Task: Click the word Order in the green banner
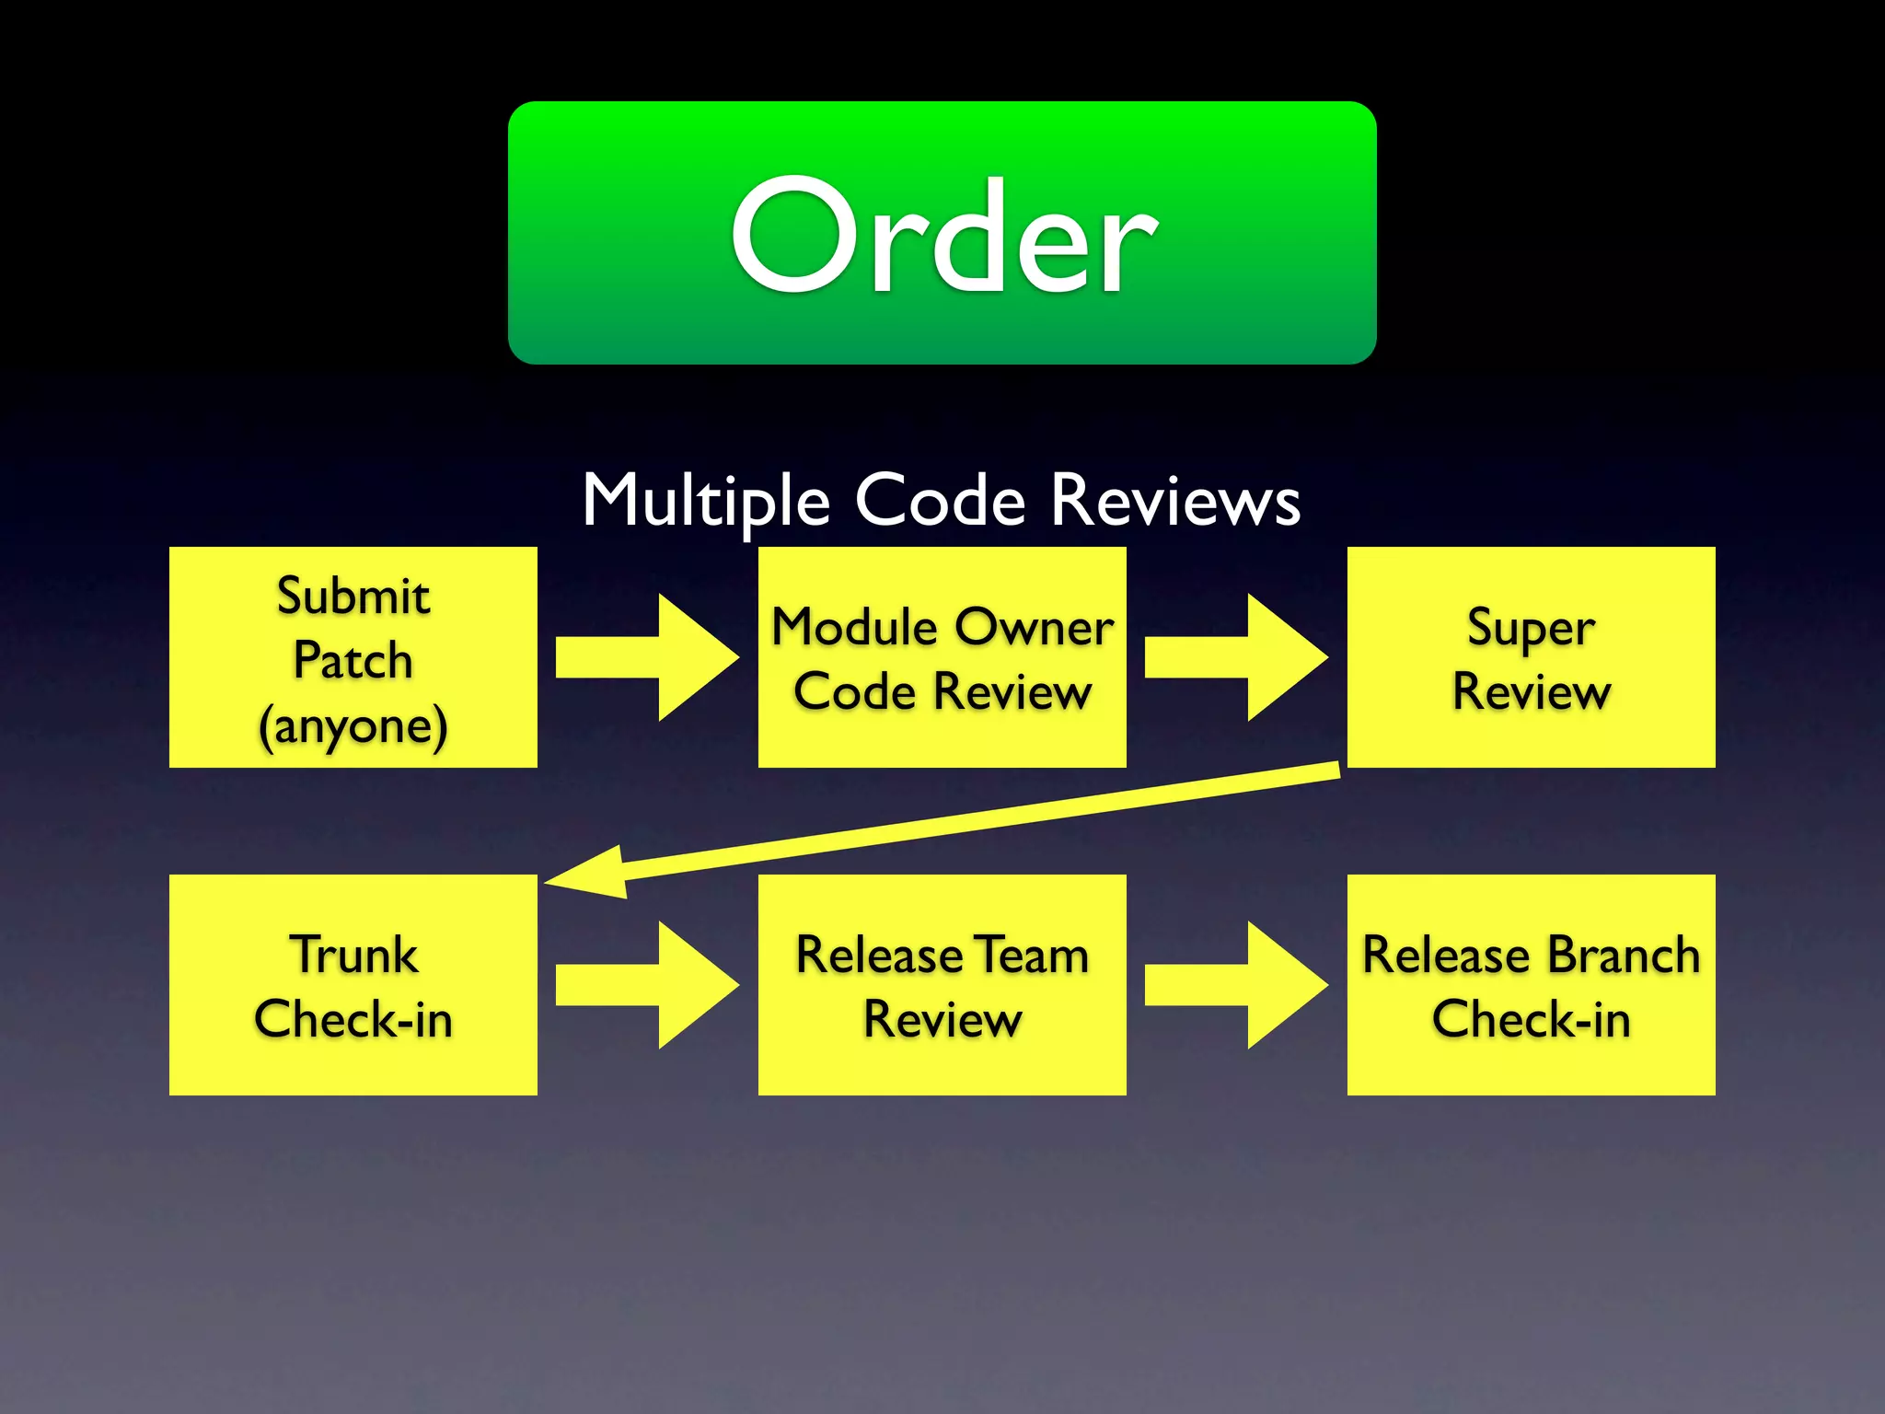coord(943,237)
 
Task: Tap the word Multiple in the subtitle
coord(706,501)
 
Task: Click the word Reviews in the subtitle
coord(1175,501)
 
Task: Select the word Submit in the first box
coord(353,597)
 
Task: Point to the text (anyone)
coord(353,726)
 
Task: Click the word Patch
coord(353,661)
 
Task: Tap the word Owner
coord(1034,628)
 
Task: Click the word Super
coord(1531,630)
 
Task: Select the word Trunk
coord(353,955)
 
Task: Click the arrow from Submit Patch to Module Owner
coord(648,657)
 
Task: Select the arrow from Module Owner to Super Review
coord(1236,657)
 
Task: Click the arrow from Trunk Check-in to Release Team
coord(648,985)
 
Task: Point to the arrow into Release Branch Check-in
coord(1236,985)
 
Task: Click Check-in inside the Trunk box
coord(353,1020)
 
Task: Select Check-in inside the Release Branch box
coord(1531,1020)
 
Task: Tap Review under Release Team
coord(942,1020)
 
